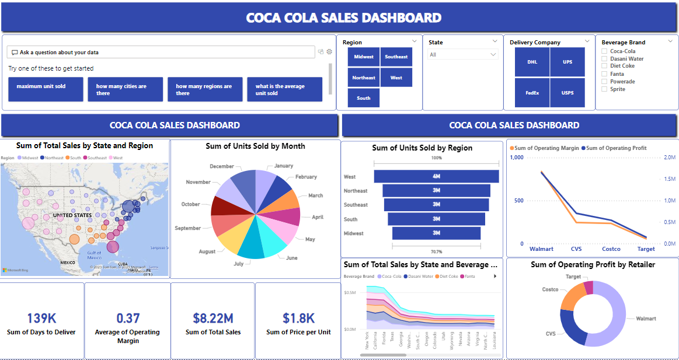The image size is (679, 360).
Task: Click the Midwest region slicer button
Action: click(364, 57)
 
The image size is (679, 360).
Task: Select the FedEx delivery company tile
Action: click(532, 93)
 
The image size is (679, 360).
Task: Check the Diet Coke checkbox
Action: click(605, 66)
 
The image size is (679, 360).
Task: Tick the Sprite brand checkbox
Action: click(605, 89)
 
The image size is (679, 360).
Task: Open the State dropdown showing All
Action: click(463, 54)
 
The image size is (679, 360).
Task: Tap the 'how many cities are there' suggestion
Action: click(126, 89)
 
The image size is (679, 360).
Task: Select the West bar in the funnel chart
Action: click(436, 176)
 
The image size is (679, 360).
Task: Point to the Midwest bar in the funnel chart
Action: click(436, 233)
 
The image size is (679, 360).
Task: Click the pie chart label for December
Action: click(221, 166)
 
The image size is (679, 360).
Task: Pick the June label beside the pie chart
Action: click(291, 257)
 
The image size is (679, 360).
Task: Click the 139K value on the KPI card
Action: click(41, 318)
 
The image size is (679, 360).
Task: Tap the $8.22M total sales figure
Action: click(213, 318)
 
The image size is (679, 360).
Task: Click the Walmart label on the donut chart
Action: click(646, 319)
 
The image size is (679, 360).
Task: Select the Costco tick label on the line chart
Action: click(611, 249)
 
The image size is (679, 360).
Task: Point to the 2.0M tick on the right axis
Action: click(670, 158)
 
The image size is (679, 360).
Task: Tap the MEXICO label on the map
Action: click(68, 263)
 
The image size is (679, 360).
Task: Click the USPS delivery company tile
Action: click(567, 93)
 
